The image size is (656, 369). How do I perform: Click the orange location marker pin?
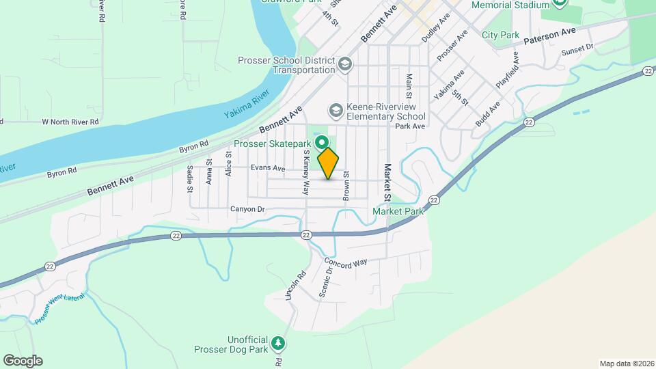point(328,163)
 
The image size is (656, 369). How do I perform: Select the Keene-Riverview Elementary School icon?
point(336,109)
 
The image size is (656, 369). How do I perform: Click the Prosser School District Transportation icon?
point(346,65)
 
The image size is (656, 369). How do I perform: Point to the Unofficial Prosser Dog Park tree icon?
point(277,343)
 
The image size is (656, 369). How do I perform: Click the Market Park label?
point(398,212)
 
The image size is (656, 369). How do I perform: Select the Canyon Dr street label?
point(247,209)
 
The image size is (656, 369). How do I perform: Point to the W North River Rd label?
point(70,122)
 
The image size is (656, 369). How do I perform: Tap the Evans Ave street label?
point(268,168)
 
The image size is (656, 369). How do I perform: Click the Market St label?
point(387,182)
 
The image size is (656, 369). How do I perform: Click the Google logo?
point(23,360)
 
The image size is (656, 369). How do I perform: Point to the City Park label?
point(500,35)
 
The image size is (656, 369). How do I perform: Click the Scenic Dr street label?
point(326,282)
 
